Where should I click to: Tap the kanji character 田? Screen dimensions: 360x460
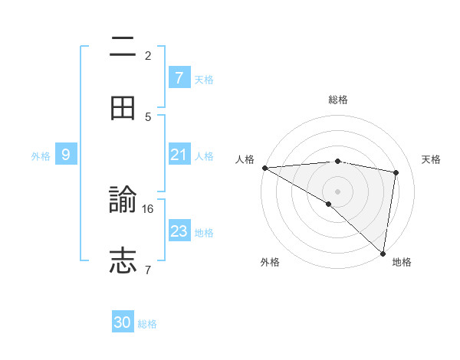coord(123,109)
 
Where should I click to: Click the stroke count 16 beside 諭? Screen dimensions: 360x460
coord(149,208)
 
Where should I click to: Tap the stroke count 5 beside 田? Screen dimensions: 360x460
coord(148,116)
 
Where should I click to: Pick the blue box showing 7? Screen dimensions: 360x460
coord(179,77)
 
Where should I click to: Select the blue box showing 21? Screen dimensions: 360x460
coord(179,155)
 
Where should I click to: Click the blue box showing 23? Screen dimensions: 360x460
coord(179,231)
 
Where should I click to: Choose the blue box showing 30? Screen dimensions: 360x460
coord(123,322)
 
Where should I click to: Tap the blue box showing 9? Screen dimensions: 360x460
coord(66,155)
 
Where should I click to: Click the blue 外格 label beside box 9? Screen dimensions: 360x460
coord(41,155)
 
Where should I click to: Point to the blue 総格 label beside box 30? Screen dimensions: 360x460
coord(147,324)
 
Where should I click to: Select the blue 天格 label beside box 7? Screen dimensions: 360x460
coord(204,79)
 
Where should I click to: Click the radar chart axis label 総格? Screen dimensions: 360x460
coord(337,100)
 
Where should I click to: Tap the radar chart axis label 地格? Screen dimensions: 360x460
coord(402,262)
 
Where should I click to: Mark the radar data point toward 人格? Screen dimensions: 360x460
coord(264,168)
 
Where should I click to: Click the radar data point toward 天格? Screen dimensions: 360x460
coord(396,172)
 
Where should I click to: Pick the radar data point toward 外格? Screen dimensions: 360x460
coord(329,204)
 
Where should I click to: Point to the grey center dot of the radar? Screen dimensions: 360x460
coord(337,191)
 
